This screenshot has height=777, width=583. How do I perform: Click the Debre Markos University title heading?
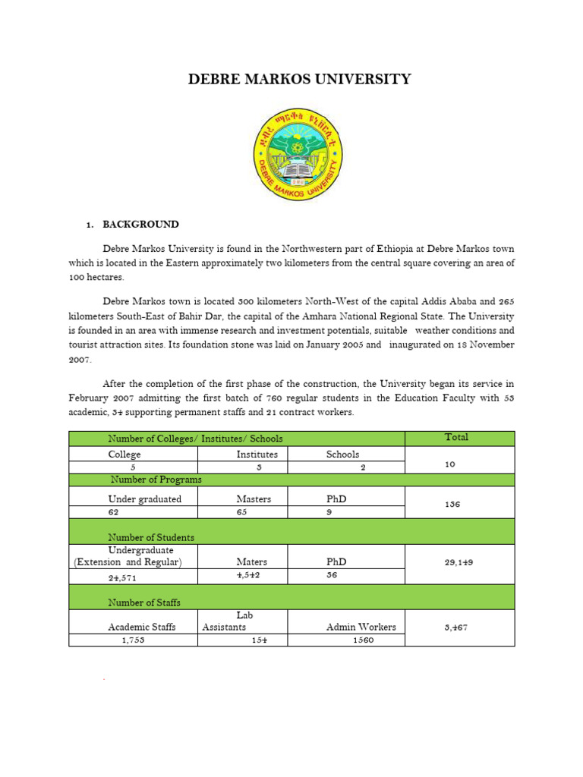coord(300,80)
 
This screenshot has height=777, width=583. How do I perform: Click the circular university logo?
coord(298,154)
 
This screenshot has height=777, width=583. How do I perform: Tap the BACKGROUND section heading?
coord(141,225)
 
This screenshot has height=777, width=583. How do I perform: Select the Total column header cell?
coord(456,437)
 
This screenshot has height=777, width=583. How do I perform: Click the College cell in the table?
coord(124,455)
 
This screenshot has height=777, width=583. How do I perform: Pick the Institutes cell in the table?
coord(257,455)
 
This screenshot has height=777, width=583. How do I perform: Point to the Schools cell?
coord(343,455)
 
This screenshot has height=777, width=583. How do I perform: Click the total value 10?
coord(450,464)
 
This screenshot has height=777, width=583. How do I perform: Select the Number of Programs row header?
coord(156,480)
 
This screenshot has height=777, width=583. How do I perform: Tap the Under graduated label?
coord(145,499)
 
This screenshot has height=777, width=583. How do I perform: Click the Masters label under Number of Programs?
coord(254,499)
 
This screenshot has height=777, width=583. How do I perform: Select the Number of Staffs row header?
coord(144,602)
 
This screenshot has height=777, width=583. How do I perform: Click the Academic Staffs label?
coord(142,627)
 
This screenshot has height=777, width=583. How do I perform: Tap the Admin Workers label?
coord(361,627)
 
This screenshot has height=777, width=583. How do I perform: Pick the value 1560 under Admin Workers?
coord(363,640)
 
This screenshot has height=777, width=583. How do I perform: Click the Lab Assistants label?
coord(225,621)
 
